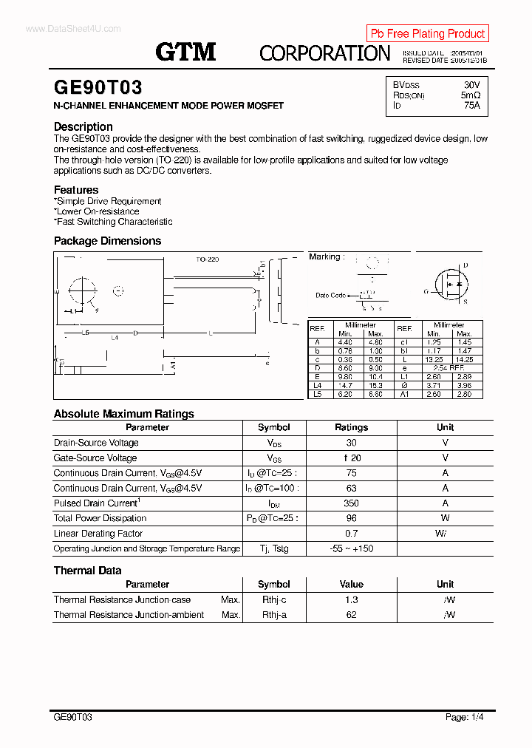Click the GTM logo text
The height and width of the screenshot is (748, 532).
coord(185,51)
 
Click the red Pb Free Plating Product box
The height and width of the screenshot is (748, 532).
coord(427,33)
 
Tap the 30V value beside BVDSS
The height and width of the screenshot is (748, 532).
coord(471,85)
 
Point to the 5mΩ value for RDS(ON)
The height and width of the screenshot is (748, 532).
coord(471,95)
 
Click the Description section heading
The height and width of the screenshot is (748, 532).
coord(83,126)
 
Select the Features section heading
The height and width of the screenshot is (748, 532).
coord(76,190)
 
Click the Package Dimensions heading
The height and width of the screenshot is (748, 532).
coord(107,241)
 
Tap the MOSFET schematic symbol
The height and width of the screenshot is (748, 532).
coord(449,284)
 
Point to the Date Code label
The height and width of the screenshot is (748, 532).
coord(330,295)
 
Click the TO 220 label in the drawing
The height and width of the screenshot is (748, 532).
coord(208,259)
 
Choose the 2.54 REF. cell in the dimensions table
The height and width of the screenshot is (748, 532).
coord(449,367)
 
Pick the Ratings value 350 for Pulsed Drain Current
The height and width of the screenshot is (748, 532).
coord(351,503)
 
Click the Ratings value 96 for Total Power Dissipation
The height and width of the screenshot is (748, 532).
coord(351,518)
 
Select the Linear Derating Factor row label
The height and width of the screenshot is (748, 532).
coord(98,534)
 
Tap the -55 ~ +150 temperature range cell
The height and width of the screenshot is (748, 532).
coord(351,548)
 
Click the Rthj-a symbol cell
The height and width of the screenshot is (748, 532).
coord(274,615)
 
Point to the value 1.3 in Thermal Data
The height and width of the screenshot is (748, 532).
coord(351,600)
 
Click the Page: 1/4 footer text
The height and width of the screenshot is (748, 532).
coord(465,717)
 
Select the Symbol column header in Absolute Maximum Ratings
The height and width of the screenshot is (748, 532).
coord(274,427)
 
